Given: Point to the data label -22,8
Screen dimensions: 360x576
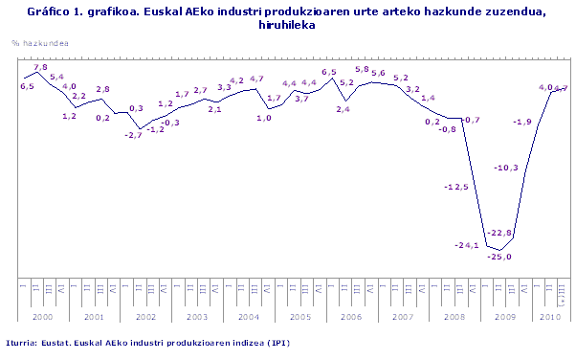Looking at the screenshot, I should point(500,233).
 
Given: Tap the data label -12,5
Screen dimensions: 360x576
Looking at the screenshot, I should point(455,188).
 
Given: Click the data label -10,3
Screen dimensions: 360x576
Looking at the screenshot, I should point(505,169).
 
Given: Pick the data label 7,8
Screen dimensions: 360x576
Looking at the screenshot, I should point(40,67).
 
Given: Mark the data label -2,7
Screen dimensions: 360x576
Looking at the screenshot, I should point(133,135).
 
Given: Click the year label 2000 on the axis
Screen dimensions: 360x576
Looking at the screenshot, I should point(31,315).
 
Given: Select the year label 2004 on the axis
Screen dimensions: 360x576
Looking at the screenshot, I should point(249,315).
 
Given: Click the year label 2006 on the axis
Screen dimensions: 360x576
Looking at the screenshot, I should point(349,315).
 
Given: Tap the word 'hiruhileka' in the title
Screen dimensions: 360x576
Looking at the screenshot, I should point(287,25).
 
